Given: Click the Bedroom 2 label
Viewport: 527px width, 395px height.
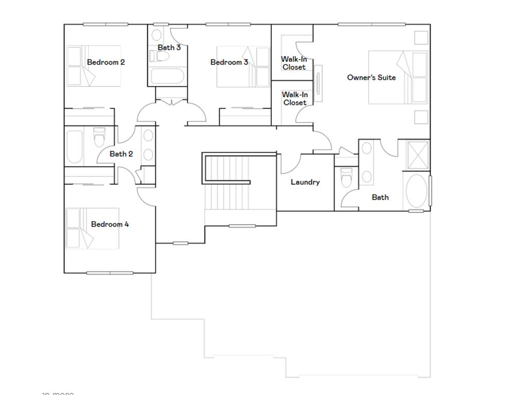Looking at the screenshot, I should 106,62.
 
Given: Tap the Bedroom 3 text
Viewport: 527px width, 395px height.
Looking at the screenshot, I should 229,62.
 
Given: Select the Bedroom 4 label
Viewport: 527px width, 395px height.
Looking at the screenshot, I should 110,224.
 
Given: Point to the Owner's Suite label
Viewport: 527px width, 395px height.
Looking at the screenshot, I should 371,78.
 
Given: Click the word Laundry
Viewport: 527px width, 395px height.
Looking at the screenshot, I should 305,182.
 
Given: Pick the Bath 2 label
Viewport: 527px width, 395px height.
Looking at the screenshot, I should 121,154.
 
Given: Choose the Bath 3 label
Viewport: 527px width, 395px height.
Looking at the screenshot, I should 169,47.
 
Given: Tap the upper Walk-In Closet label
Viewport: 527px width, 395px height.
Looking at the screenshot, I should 294,63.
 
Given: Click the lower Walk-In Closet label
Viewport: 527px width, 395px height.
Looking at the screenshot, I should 294,98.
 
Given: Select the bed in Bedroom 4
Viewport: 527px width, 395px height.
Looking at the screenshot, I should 92,228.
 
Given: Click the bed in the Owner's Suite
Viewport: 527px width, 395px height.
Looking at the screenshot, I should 398,77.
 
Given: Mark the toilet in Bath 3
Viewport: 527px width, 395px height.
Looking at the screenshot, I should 163,56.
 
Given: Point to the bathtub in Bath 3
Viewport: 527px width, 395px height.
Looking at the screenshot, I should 167,77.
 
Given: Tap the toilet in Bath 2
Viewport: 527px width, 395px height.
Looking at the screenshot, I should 99,137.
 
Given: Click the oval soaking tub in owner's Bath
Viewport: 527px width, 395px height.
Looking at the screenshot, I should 417,191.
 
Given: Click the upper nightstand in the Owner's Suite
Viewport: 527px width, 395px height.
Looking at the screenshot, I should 420,38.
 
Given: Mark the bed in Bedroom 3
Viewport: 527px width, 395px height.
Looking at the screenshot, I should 243,67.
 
